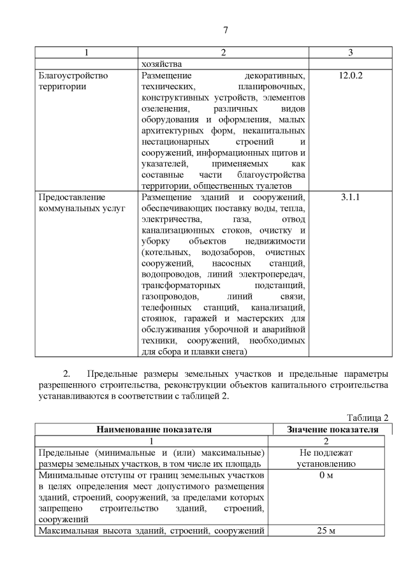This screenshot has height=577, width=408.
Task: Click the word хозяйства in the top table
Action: point(163,64)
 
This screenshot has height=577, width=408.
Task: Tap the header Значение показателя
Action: point(330,430)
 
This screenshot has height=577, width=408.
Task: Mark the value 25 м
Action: point(326,532)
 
